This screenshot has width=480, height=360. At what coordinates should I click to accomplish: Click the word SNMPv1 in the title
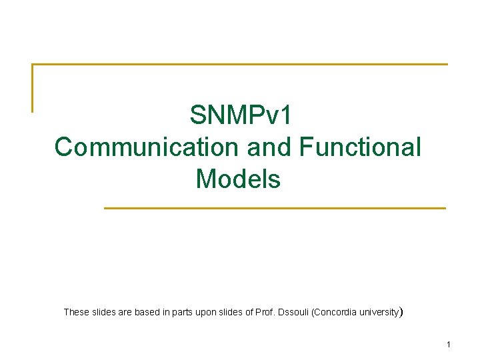coord(240,115)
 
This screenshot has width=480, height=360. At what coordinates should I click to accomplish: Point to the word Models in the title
coord(238,179)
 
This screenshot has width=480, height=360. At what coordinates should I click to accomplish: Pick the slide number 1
coord(449,345)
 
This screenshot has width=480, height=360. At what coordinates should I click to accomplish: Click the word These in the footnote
coord(75,311)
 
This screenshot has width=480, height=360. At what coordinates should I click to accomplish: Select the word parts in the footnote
coord(183,311)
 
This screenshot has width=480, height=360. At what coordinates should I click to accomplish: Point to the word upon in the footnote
coord(207,311)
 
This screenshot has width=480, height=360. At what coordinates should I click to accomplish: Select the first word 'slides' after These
coord(104,311)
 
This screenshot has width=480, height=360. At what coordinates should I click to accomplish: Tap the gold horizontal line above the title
coord(240,64)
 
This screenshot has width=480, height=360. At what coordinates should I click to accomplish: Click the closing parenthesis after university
coord(399,311)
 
